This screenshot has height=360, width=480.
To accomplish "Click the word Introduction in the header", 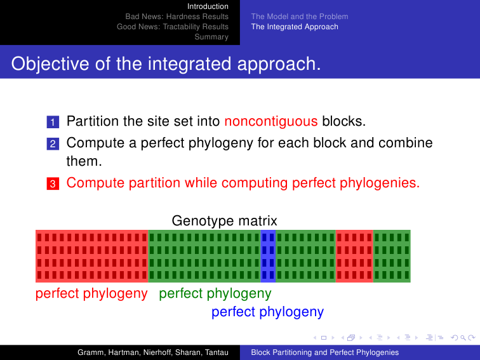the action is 208,6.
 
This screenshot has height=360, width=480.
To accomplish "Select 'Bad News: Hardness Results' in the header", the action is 177,17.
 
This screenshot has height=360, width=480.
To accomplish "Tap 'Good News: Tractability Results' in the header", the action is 172,27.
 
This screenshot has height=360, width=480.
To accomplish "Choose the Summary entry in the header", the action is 211,37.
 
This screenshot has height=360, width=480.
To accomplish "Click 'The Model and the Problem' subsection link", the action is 300,17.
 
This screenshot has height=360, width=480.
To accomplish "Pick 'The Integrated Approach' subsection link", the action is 295,27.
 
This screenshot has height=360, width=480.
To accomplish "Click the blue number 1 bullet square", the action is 53,122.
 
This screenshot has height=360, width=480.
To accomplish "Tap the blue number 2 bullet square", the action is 53,143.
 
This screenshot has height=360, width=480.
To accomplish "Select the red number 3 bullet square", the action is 53,183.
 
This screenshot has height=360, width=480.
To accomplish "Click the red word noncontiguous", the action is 271,121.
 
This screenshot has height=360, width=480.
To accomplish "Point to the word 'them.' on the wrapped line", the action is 84,161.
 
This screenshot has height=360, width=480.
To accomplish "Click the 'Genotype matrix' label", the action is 224,221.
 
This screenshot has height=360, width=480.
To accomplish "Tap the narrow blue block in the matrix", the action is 268,256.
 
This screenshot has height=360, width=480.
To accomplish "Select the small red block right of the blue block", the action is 354,256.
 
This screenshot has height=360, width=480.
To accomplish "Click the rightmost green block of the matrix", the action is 392,256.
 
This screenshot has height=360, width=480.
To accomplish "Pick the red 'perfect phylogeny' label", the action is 91,293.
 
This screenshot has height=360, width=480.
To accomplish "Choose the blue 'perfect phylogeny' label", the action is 267,312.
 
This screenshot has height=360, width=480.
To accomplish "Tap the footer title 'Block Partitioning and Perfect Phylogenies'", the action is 325,352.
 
